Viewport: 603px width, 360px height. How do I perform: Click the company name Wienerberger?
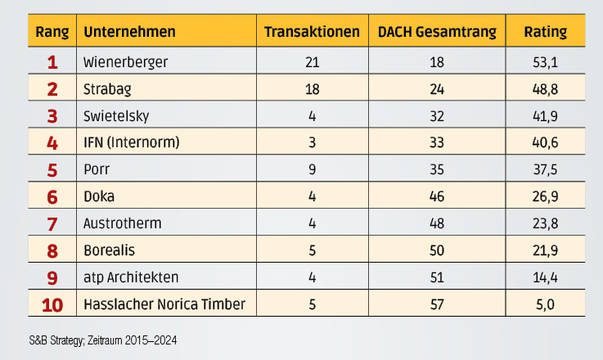click(124, 61)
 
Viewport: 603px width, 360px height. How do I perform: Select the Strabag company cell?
click(107, 88)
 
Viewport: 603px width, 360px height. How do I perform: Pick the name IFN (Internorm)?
click(132, 142)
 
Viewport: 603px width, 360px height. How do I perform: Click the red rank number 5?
click(52, 169)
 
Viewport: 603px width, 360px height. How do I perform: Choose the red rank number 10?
click(52, 305)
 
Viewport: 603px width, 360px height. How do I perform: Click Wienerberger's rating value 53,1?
click(545, 61)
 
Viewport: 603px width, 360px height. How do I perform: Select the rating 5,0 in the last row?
click(545, 305)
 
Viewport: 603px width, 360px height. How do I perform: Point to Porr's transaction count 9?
click(312, 169)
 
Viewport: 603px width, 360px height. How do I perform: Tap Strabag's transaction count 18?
click(312, 88)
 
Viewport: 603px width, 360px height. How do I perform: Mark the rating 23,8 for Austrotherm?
click(545, 223)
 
